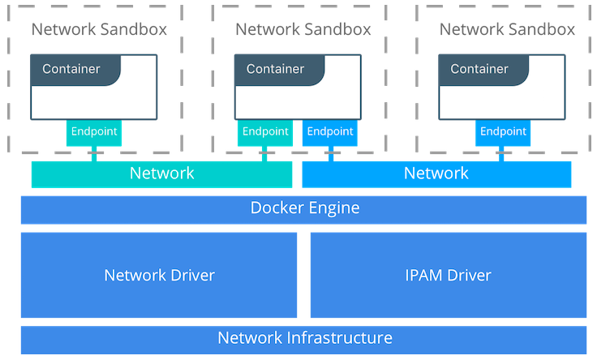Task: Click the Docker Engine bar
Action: pos(303,209)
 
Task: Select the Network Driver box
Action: pos(159,275)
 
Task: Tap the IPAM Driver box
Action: pos(448,275)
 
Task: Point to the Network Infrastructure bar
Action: pos(303,338)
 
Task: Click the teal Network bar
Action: pos(161,174)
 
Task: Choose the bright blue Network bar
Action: pos(436,174)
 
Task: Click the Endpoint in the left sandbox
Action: pos(94,132)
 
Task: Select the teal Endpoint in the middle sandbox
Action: pos(265,132)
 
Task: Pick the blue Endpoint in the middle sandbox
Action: pos(330,132)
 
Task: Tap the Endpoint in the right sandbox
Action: pos(502,132)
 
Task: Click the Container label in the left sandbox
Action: pos(71,69)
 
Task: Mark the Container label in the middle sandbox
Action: pos(276,69)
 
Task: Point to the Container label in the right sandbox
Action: pos(479,69)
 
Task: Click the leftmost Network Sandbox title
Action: pos(99,30)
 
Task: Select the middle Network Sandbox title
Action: pos(303,30)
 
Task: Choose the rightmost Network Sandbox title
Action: pos(507,30)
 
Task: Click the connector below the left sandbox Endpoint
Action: pos(94,154)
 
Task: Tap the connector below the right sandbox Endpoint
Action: pos(502,154)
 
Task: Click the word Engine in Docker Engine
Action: pos(334,209)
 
